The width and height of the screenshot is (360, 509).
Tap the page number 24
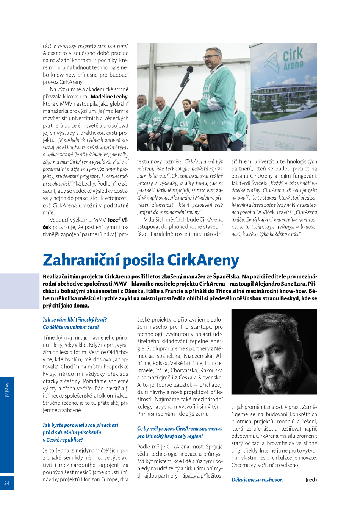(7, 483)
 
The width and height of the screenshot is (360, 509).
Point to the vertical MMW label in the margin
(7, 389)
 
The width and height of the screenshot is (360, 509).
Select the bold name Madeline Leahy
(109, 97)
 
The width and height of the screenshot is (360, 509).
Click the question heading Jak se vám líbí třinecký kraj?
(75, 320)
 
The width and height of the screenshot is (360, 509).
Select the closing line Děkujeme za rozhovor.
(257, 480)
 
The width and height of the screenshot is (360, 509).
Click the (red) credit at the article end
(311, 480)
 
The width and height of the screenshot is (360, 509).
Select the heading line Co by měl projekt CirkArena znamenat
(179, 429)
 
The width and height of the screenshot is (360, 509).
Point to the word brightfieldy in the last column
(245, 451)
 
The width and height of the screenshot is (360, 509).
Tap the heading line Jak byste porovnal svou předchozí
(80, 425)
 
